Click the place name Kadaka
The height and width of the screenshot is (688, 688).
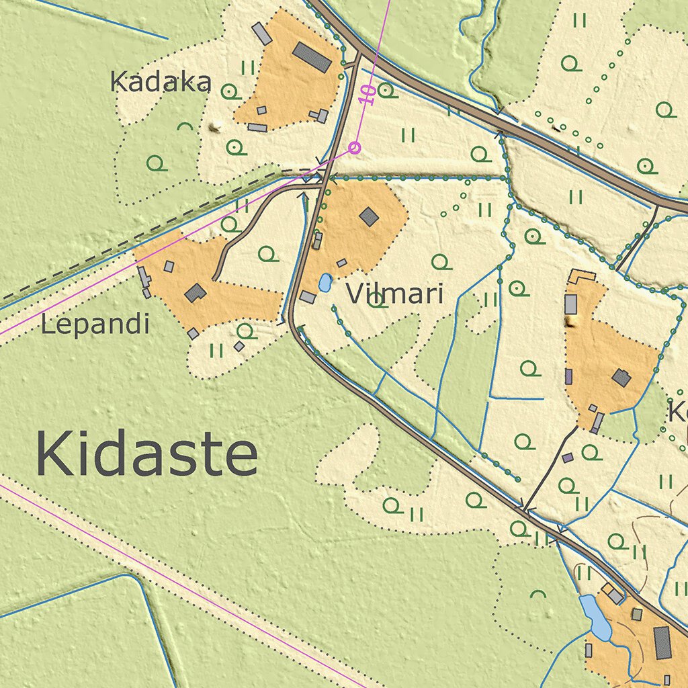161,82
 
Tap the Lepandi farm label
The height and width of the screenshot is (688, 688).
95,325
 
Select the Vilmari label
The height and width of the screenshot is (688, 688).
394,294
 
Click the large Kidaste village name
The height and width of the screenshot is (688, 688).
146,456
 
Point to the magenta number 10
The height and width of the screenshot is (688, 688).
368,93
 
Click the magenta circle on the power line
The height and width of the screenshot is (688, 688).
355,147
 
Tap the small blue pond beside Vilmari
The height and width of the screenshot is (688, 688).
325,283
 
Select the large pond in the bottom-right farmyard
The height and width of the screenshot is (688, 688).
596,617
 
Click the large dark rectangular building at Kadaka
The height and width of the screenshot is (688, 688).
312,57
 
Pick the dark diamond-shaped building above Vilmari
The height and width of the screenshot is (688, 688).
369,216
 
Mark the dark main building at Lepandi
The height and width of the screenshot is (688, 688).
196,293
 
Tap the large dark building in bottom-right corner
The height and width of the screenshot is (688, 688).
662,642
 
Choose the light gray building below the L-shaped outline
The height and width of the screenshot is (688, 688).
571,304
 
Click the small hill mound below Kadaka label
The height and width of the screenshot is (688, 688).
216,126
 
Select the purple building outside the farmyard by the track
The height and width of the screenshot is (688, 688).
568,458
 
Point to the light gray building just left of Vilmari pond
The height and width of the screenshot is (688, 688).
308,296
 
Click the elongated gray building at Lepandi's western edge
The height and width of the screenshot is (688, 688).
143,276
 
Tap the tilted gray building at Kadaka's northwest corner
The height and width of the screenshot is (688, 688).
261,34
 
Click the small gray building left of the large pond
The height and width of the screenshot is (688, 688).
589,650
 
